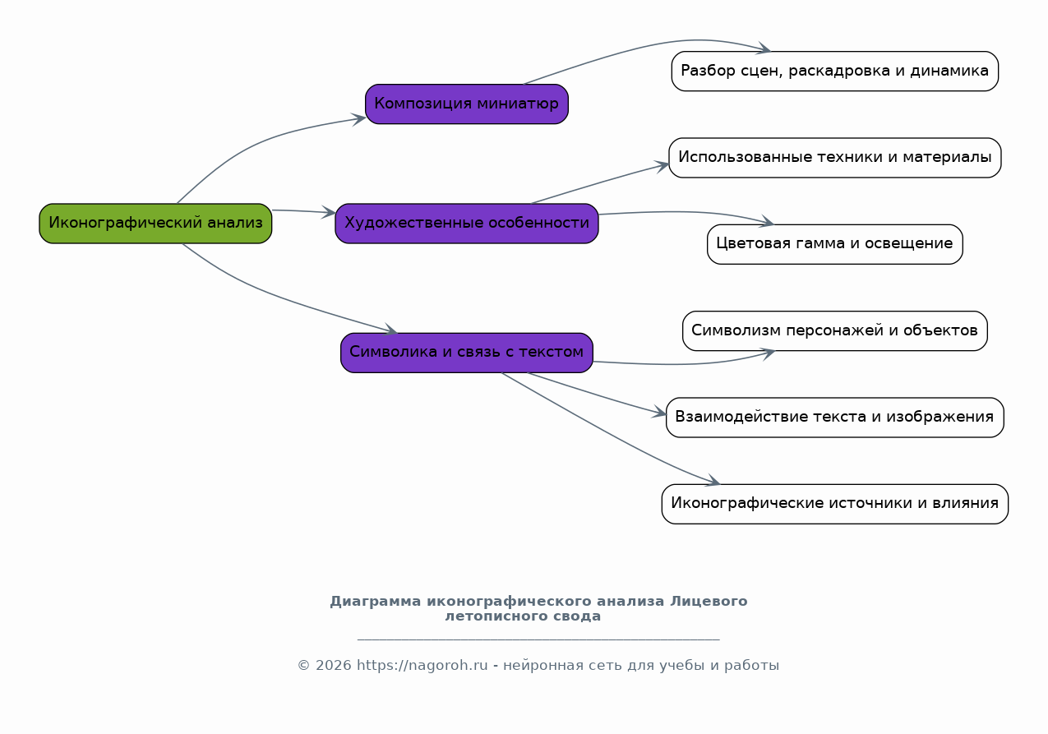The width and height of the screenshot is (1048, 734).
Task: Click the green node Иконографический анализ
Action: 155,223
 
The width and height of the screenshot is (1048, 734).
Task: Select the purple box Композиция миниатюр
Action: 466,104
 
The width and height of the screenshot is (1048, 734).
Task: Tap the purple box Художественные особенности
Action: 466,223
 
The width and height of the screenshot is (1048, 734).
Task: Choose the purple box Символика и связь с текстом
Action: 466,353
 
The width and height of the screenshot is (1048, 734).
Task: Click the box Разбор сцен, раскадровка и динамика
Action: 834,72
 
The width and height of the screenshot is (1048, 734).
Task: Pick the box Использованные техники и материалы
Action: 834,158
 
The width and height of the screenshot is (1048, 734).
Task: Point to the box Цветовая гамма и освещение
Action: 834,244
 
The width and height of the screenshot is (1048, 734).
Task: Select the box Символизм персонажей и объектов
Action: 834,330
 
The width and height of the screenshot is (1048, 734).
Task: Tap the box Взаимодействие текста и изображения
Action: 834,418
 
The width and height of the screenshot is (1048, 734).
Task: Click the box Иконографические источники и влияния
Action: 834,504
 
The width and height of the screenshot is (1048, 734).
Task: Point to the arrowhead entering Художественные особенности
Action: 329,212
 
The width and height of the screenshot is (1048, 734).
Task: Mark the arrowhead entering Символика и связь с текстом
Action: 390,329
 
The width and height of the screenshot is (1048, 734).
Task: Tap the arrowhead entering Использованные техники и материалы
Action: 662,166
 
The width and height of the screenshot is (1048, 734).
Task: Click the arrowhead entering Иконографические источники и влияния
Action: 713,481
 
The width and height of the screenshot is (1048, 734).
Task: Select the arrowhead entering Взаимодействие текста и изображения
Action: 658,412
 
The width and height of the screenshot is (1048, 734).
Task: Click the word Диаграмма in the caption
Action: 375,601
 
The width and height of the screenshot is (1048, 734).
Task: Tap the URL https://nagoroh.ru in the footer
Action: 422,665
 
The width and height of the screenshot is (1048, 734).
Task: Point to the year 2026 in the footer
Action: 333,665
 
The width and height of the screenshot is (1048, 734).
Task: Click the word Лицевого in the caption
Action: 709,601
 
